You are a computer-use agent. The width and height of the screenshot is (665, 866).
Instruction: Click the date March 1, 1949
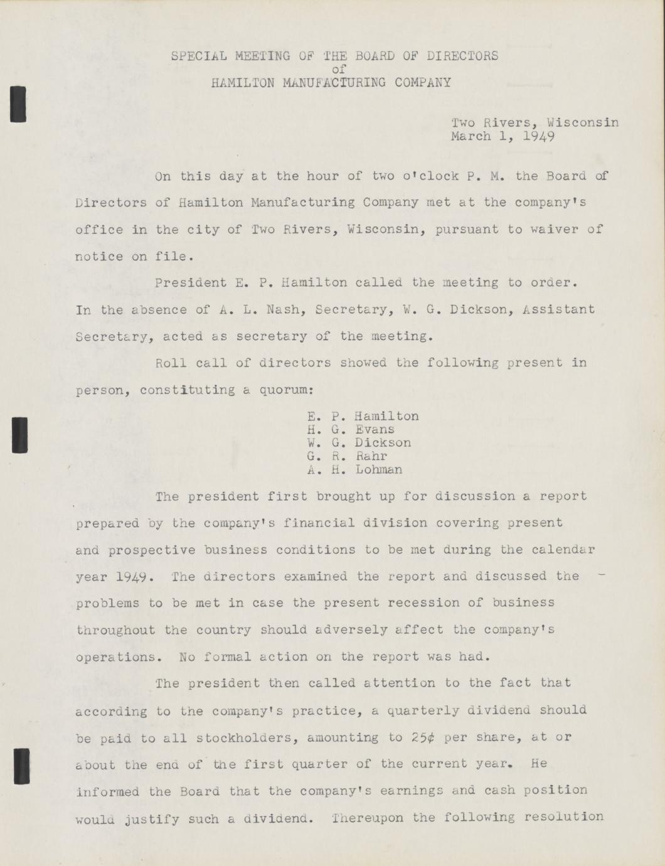click(503, 136)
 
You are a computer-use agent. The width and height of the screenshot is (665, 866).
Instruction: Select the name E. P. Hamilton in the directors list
click(363, 416)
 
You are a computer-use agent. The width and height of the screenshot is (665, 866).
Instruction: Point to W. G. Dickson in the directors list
click(359, 443)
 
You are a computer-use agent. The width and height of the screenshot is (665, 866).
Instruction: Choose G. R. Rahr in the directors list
click(347, 456)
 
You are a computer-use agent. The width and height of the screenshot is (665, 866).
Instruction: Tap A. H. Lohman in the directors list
click(354, 469)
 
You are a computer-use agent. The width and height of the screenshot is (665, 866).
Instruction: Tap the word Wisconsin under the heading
click(583, 122)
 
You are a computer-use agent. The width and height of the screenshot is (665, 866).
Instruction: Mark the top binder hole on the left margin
click(19, 104)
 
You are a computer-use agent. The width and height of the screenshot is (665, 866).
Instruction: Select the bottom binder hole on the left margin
click(22, 766)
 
